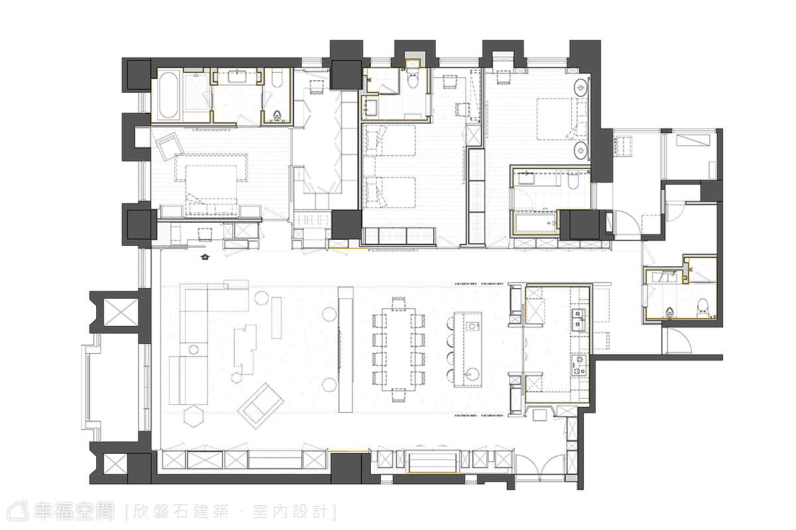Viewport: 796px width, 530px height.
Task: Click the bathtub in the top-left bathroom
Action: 168,95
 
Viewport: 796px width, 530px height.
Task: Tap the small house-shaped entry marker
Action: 205,257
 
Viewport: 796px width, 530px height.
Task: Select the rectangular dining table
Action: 399,350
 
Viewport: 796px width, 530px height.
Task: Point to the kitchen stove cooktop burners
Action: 579,365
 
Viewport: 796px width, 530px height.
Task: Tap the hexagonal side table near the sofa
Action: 194,417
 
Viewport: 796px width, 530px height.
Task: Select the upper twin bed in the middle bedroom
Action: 389,140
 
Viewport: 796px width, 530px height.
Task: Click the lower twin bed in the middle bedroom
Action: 389,192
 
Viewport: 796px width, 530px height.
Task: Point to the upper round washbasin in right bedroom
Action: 581,87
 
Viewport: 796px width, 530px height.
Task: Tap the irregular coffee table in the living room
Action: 245,350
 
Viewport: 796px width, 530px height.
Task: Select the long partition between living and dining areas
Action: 346,350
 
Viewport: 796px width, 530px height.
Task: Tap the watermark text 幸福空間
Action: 74,511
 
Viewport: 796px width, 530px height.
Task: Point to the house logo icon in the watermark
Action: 19,511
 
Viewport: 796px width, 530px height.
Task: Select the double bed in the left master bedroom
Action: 212,185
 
